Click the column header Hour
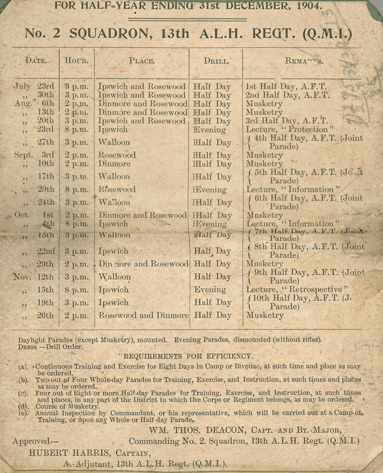pos(77,61)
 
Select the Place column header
pos(142,61)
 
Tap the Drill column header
pos(216,61)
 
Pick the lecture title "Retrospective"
pos(315,289)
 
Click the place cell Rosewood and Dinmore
pos(143,315)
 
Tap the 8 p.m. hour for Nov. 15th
pos(77,289)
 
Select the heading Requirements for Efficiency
pos(188,356)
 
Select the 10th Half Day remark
pos(302,302)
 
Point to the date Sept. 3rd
pos(34,155)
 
